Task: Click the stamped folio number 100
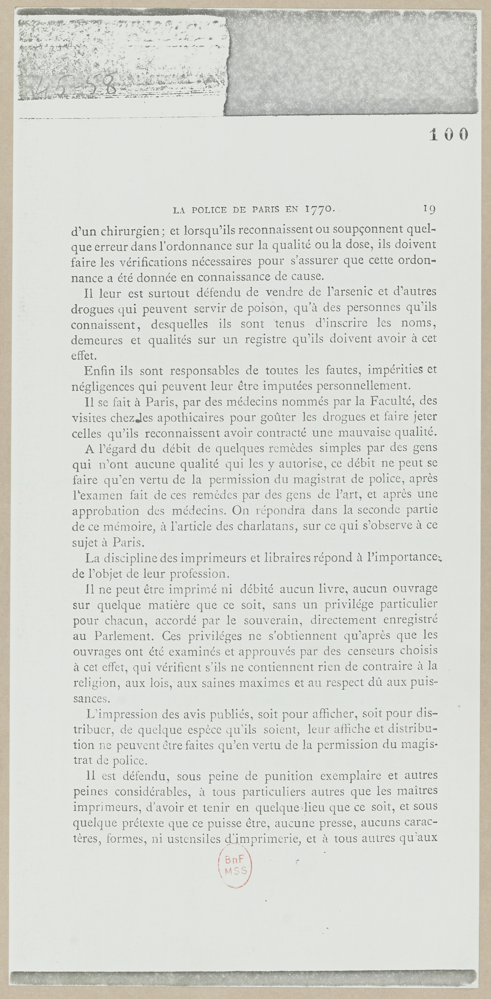[x=449, y=135]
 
